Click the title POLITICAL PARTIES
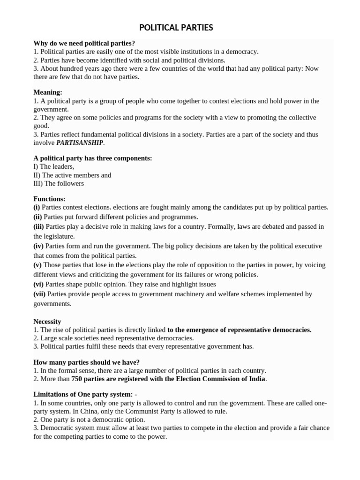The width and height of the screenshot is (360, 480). click(176, 28)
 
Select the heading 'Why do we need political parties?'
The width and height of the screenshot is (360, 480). click(84, 43)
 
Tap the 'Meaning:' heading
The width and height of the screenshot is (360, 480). click(48, 92)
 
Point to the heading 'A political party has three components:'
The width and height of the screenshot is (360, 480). click(92, 158)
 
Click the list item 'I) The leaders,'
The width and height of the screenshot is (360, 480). click(54, 166)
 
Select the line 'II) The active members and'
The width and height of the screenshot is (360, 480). click(72, 175)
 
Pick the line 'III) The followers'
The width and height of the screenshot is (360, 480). click(59, 183)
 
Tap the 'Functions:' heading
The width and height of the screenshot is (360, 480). click(49, 199)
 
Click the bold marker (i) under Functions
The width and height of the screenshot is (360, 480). click(37, 207)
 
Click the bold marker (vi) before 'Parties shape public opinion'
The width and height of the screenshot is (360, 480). click(39, 284)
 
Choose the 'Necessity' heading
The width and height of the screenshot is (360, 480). click(47, 322)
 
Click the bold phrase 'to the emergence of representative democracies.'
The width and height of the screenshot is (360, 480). click(239, 330)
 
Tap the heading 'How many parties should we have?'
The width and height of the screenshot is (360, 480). click(86, 362)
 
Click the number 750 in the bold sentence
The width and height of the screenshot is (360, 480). click(77, 379)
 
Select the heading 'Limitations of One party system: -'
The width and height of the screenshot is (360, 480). click(85, 395)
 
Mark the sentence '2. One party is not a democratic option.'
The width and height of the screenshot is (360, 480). click(89, 420)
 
